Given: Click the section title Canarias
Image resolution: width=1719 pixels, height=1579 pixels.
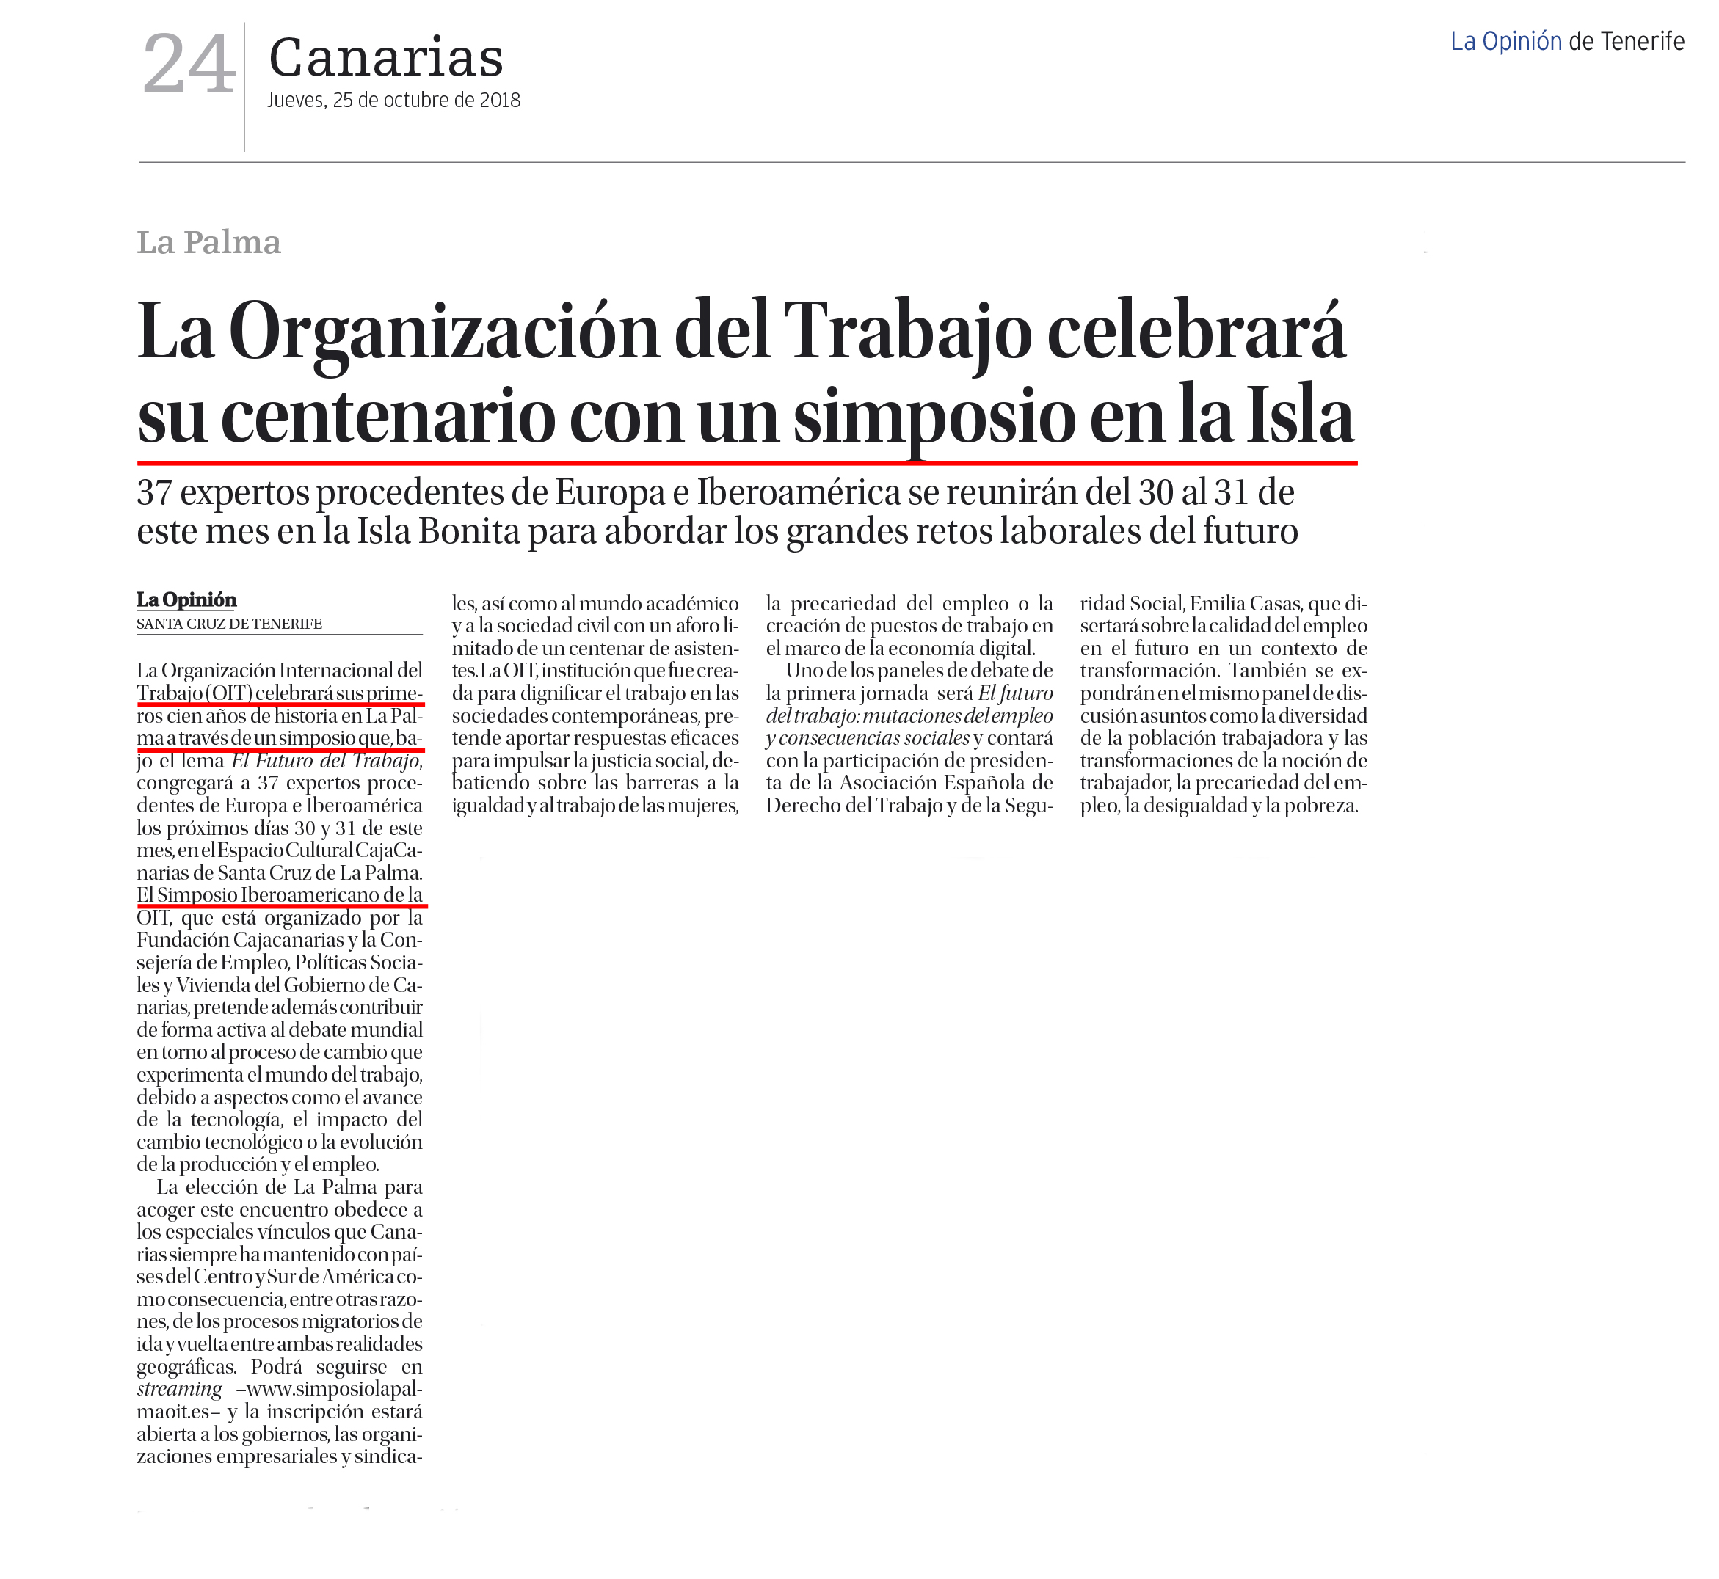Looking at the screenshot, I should coord(385,58).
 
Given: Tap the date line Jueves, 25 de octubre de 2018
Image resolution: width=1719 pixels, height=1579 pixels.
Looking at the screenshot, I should coord(393,100).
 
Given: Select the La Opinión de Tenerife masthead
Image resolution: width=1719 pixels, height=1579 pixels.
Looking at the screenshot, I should coord(1567,41).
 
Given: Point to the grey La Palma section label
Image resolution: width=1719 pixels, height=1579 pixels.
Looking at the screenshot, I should coord(208,243).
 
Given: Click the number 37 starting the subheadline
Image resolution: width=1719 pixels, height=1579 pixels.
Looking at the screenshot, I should coord(155,492).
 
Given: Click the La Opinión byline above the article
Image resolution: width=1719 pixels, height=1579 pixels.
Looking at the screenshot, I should coord(186,599).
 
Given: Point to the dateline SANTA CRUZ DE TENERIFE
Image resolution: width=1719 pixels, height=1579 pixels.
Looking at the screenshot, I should coord(229,624).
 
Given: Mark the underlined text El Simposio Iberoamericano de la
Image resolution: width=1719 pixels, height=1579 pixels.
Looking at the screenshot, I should coord(280,894).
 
